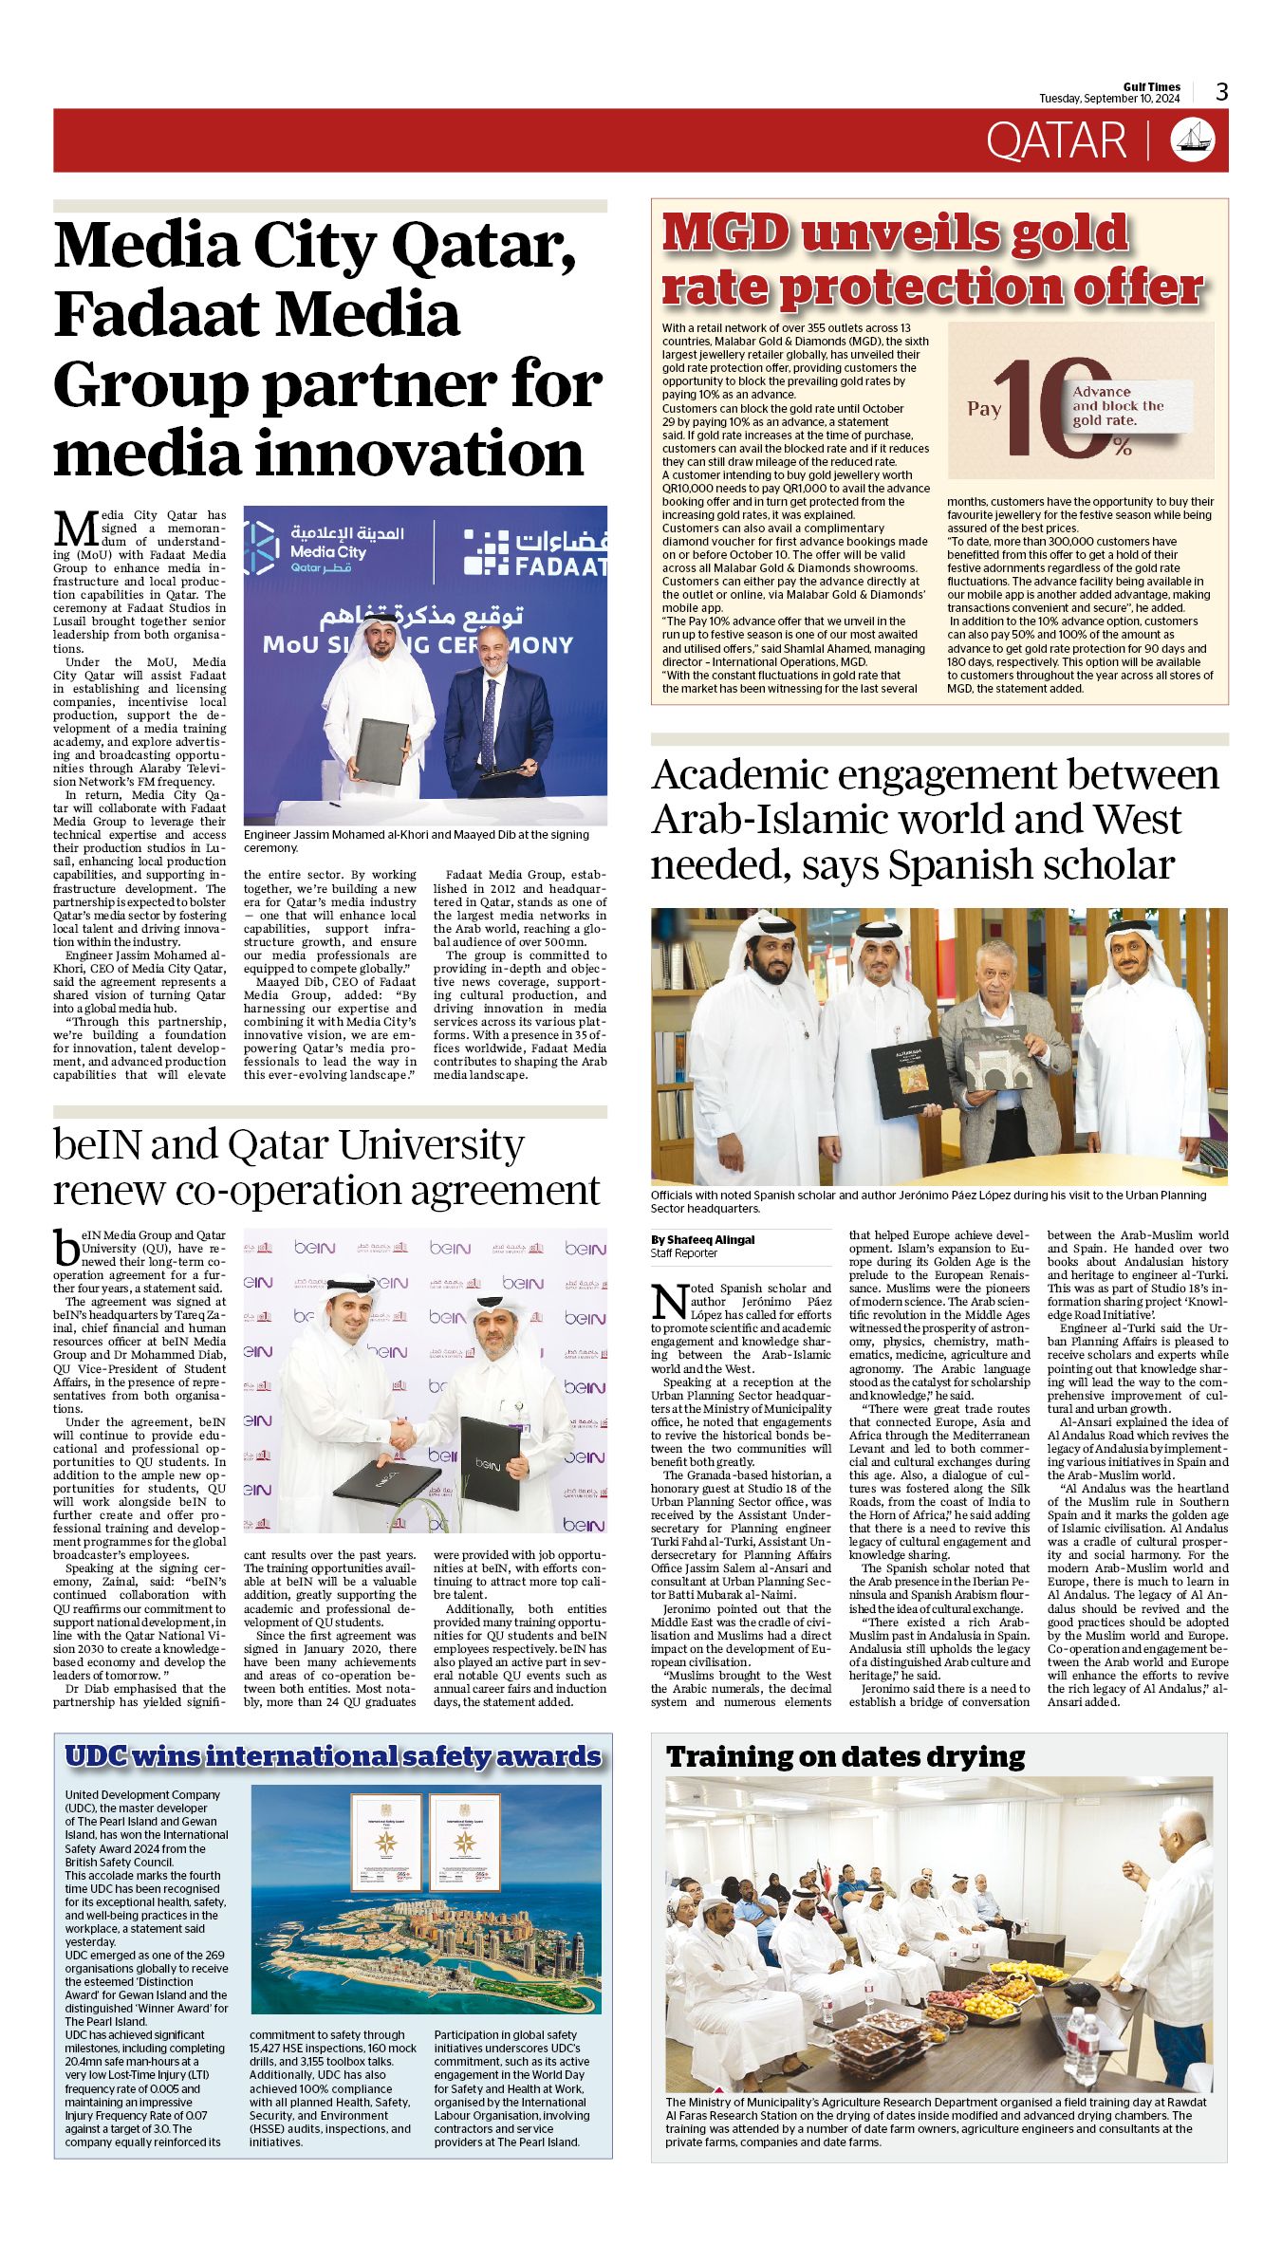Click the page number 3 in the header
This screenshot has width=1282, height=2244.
(x=1221, y=91)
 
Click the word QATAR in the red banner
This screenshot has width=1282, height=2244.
(x=1055, y=141)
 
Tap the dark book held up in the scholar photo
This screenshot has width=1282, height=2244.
(x=907, y=1076)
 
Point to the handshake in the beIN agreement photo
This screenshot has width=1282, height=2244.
(x=403, y=1434)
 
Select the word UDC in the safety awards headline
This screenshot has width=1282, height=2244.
(x=95, y=1756)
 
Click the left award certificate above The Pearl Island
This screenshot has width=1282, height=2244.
(x=385, y=1842)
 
